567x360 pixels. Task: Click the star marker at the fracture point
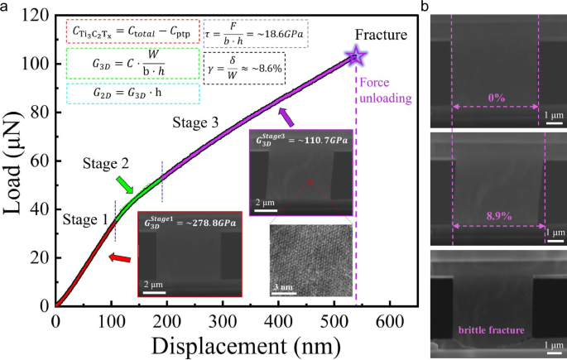356,56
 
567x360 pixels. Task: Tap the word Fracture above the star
382,35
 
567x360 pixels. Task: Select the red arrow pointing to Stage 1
120,259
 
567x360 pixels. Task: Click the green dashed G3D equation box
132,64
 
